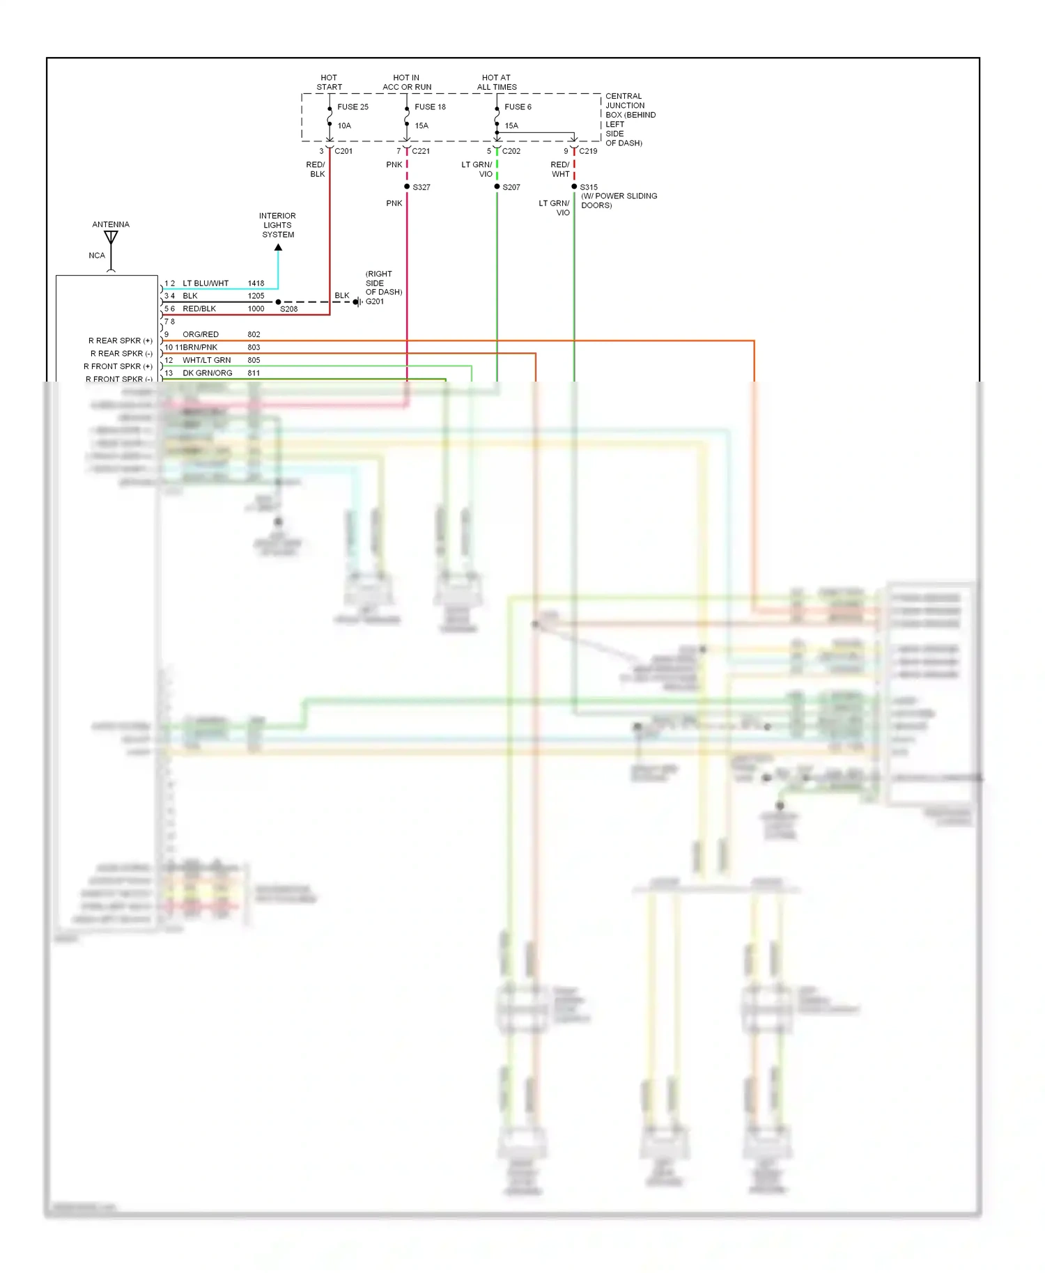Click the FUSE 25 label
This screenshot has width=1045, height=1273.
click(x=353, y=107)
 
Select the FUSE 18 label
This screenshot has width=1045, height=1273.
click(x=430, y=107)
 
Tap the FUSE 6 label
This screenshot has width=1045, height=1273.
click(x=518, y=107)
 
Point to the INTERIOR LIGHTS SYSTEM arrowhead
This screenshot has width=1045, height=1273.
click(x=278, y=247)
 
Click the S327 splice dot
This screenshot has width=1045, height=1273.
click(x=407, y=187)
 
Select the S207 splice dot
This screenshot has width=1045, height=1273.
click(x=497, y=187)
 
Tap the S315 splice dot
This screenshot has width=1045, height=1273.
click(x=574, y=187)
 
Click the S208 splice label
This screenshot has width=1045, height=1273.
click(x=288, y=309)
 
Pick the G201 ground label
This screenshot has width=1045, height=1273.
click(x=375, y=302)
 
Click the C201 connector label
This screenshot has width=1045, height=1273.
click(x=343, y=151)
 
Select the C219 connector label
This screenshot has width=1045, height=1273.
click(x=588, y=151)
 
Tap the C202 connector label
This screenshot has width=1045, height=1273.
click(x=511, y=151)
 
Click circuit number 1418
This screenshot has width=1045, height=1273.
click(x=256, y=283)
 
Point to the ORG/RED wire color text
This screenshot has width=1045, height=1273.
click(x=201, y=334)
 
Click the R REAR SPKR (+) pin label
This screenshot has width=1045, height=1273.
click(x=120, y=341)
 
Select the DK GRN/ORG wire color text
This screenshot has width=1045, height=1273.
click(x=208, y=373)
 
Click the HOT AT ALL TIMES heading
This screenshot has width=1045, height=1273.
click(x=497, y=82)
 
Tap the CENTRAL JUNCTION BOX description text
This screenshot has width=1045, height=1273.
click(x=629, y=119)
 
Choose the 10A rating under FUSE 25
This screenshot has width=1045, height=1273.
click(x=344, y=125)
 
